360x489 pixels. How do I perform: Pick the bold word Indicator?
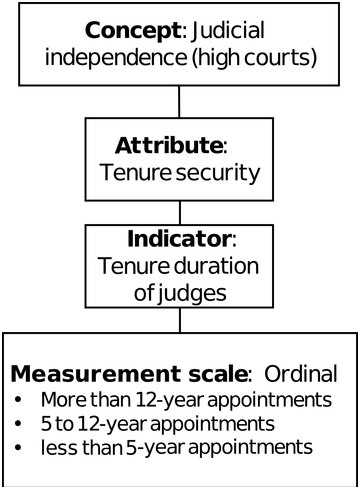[176, 240]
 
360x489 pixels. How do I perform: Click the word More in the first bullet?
[59, 401]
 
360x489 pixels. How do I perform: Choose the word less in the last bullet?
[54, 445]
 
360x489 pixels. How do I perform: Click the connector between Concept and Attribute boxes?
[180, 100]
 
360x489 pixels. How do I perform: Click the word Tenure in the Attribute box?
[134, 172]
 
